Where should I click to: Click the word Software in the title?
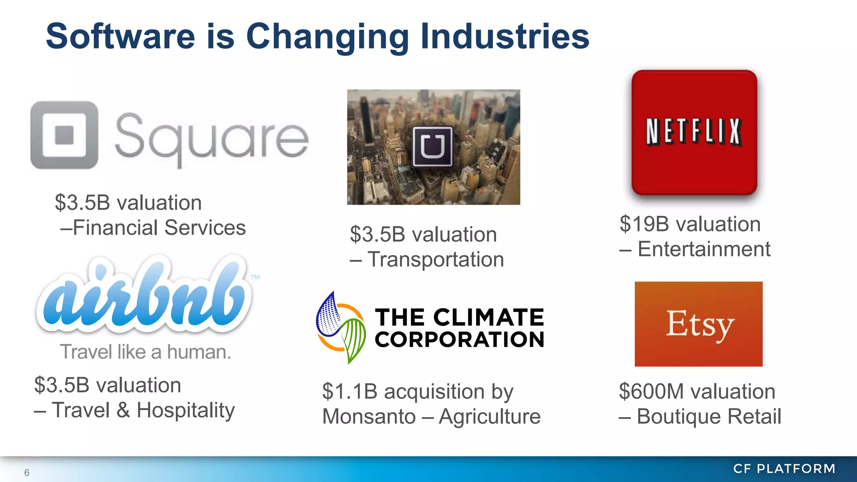tap(120, 36)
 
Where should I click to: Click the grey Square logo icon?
tap(64, 135)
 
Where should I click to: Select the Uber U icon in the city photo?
tap(433, 147)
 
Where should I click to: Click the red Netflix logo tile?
tap(694, 132)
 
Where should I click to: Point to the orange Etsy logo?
tap(698, 324)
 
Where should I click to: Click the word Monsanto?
tap(369, 417)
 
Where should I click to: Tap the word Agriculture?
tap(490, 417)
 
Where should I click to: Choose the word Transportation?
tap(436, 259)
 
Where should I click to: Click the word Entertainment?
tap(704, 249)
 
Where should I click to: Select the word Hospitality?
tap(186, 410)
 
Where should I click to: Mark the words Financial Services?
tap(159, 228)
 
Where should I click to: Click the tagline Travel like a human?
tap(145, 352)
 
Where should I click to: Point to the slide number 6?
tap(27, 473)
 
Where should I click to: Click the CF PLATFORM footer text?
tap(784, 469)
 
